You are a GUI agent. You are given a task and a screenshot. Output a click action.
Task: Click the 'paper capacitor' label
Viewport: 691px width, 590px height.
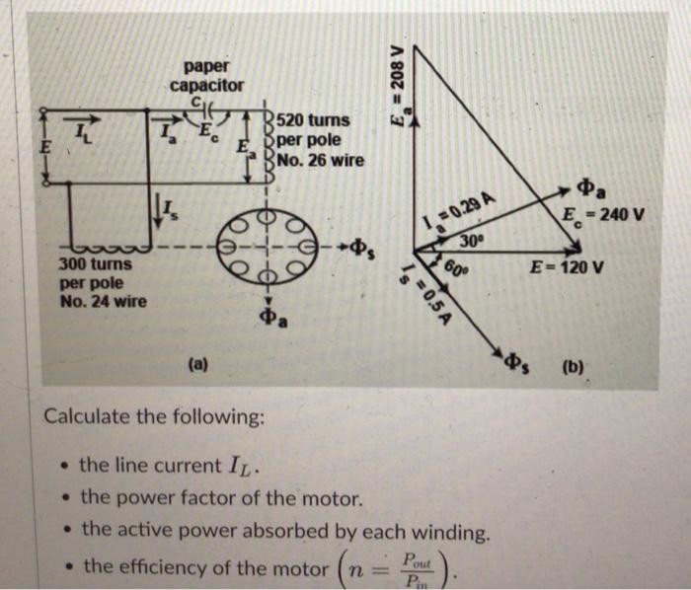coord(207,76)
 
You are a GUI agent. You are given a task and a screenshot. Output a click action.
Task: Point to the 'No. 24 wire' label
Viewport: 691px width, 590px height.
coord(102,302)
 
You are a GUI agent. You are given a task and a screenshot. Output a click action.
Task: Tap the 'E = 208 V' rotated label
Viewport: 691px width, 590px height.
coord(399,79)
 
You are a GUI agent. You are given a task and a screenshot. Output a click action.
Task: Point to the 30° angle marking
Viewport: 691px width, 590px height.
coord(473,241)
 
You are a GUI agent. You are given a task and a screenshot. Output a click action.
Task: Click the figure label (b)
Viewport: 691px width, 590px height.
coord(573,371)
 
